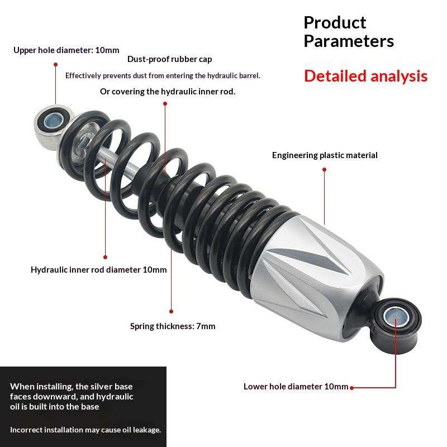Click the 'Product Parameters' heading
click(349, 32)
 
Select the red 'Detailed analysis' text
click(366, 76)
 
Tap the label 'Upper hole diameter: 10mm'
click(66, 50)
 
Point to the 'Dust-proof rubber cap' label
click(169, 59)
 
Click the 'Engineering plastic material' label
click(325, 155)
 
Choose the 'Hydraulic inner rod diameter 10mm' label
click(99, 270)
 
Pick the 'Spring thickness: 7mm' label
click(173, 326)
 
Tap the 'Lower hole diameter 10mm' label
click(296, 387)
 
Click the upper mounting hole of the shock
click(55, 118)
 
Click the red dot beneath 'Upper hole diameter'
click(55, 64)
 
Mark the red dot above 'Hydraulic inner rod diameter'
click(106, 256)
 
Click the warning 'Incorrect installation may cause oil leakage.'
click(85, 430)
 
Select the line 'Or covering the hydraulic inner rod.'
click(168, 92)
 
